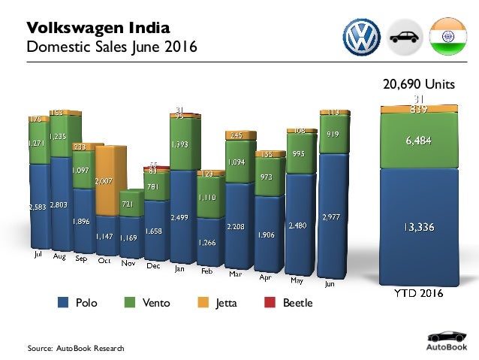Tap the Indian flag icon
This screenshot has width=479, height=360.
pos(447,36)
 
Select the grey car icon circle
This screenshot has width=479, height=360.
pos(405,36)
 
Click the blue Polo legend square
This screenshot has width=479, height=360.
pos(65,303)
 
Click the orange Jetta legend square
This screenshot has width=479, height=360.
pos(202,303)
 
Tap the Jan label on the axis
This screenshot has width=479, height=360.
pos(179,268)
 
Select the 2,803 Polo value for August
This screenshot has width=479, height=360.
pos(60,204)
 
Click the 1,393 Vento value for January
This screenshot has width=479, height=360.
pos(179,144)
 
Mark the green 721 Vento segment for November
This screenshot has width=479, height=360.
pos(128,204)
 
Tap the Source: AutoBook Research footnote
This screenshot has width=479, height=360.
pos(75,348)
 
